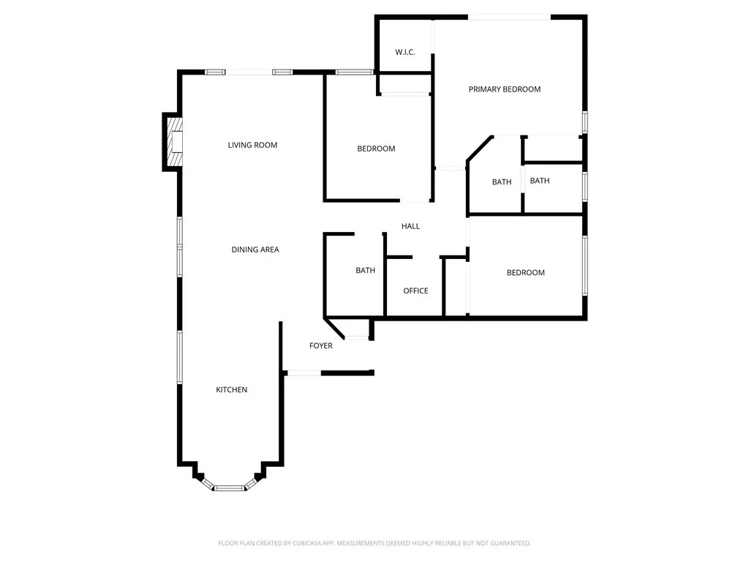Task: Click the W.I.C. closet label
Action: pos(405,52)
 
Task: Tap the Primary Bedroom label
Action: pos(505,89)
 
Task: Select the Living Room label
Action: pos(252,145)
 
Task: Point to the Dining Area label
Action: pos(255,250)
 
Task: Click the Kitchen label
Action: pos(231,389)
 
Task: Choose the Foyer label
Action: pos(321,345)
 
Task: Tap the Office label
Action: pos(415,291)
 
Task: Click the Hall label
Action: pos(410,226)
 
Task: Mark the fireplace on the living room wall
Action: pos(175,143)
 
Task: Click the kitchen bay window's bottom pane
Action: pos(230,487)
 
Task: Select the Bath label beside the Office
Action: pos(365,270)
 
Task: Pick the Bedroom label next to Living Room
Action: pos(376,149)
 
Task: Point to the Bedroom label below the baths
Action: pos(525,272)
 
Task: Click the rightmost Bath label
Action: pos(540,181)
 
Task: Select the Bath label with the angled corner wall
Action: pos(502,181)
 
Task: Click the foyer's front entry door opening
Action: pos(302,373)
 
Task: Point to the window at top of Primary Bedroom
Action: pos(509,16)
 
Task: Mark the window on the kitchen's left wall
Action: pos(179,356)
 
